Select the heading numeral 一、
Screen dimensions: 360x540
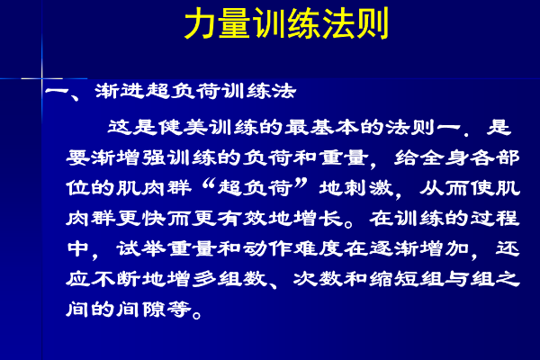[x=63, y=94]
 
